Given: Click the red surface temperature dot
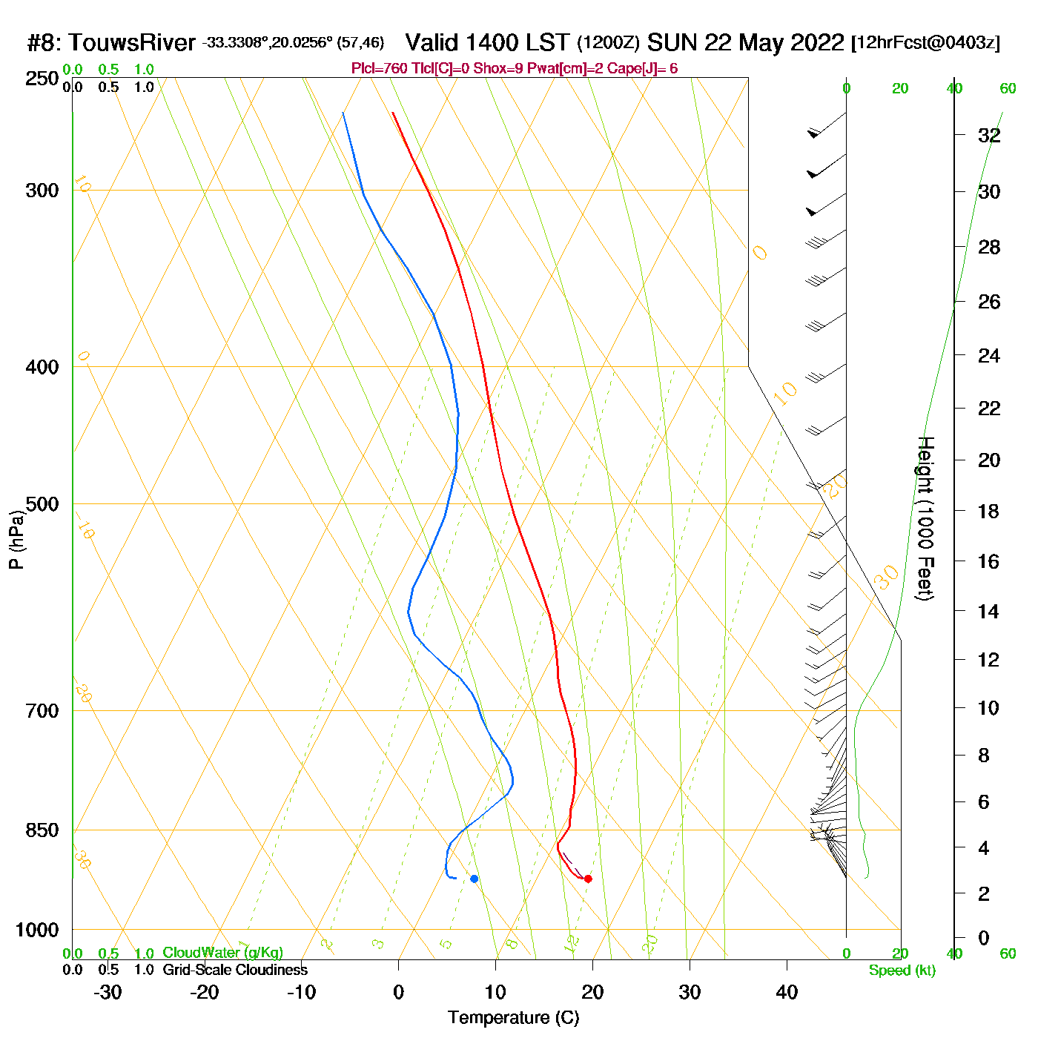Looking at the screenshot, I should coord(588,879).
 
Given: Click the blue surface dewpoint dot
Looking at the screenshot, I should coord(474,879).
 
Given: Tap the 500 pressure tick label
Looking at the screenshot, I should coord(42,504).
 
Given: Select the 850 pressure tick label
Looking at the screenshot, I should coord(42,830).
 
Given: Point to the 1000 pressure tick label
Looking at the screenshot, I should coord(37,930).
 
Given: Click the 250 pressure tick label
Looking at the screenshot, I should coord(42,79).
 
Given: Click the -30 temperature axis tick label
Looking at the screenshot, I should coord(108,992).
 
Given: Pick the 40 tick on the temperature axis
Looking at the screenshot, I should coord(787,992).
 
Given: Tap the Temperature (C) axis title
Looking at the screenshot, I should coord(513,1018).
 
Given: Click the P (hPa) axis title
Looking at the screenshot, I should coord(16,540).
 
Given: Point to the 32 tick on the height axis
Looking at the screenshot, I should coord(989,135).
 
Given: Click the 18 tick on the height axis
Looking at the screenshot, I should coord(989,511).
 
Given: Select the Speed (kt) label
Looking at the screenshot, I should coord(902,971).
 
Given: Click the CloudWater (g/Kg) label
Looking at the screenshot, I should coord(222,953).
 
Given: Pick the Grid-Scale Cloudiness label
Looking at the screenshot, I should coord(235,970).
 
